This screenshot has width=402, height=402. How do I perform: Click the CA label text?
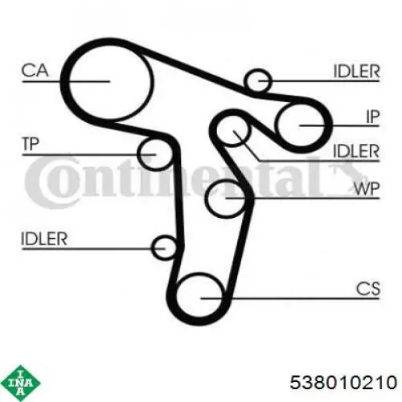[35, 70]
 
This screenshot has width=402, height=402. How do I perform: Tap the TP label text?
[31, 144]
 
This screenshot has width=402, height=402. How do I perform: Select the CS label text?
[368, 289]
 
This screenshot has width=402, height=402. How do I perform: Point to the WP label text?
[367, 189]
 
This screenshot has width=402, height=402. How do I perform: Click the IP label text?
[373, 117]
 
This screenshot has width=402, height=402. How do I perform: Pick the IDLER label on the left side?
[44, 239]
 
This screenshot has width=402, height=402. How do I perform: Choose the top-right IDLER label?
[357, 72]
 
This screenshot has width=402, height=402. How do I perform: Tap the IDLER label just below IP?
[356, 150]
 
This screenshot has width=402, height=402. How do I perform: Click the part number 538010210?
[343, 383]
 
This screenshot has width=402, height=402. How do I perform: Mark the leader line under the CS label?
[290, 298]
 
